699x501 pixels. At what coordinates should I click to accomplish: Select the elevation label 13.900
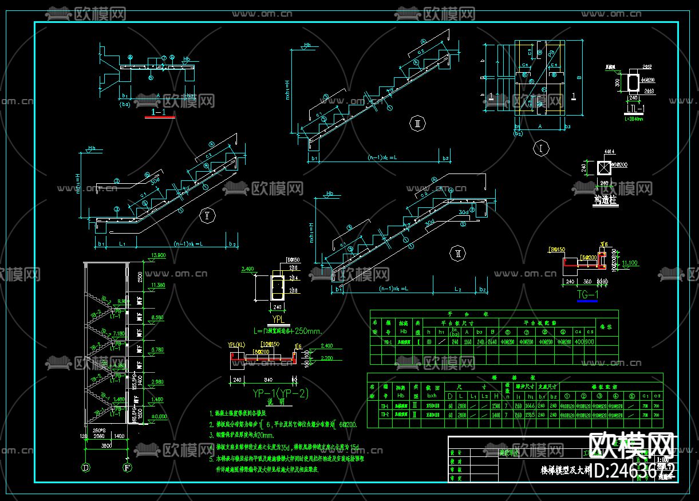157,255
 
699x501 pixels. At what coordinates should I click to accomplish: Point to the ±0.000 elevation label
156,416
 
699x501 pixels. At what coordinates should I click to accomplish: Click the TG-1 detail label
589,295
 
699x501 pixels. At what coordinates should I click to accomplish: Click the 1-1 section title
160,113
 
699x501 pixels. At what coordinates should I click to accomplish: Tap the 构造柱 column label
606,200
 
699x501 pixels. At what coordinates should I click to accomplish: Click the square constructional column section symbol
605,168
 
